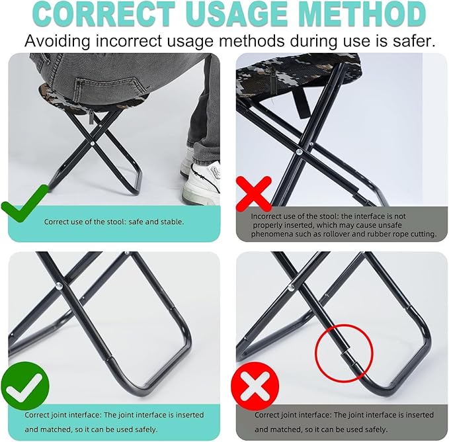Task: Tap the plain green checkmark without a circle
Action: [x=23, y=204]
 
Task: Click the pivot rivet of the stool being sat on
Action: [x=94, y=141]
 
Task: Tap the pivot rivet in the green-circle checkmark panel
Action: [x=59, y=287]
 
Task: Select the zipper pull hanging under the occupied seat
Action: [x=91, y=117]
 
